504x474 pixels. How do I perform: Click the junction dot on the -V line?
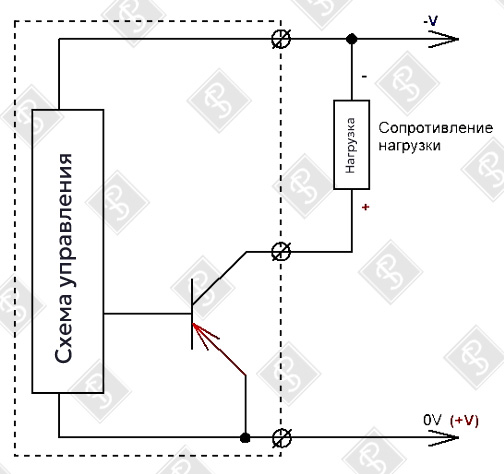click(351, 40)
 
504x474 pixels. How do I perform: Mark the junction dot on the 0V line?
click(244, 437)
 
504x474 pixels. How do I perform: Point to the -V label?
click(431, 21)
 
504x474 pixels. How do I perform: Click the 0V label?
click(431, 421)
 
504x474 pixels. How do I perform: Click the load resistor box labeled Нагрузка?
click(351, 144)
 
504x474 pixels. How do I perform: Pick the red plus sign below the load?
click(366, 209)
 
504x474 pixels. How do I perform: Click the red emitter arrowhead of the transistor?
click(203, 330)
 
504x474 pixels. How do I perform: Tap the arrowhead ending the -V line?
click(450, 40)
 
